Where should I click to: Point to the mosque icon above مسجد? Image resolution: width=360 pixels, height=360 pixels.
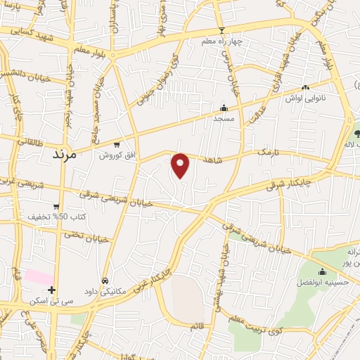(224, 108)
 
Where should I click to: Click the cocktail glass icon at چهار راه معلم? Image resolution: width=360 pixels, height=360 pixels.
(222, 30)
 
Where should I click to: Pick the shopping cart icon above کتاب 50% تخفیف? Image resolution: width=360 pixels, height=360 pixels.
(56, 207)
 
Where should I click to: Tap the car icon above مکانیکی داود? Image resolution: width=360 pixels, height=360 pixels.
(105, 280)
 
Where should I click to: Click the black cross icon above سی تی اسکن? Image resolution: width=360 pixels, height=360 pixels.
(51, 289)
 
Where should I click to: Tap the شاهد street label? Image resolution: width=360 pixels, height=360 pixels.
(212, 161)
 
